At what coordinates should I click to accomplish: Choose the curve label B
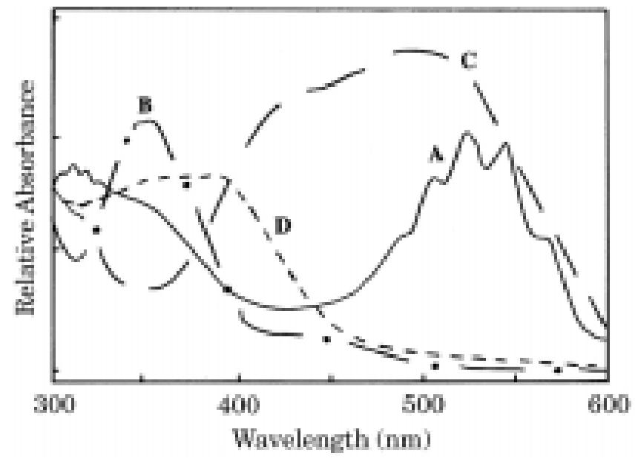pyautogui.click(x=145, y=105)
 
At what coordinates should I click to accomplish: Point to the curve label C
pyautogui.click(x=468, y=62)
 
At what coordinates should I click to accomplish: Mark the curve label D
pyautogui.click(x=282, y=226)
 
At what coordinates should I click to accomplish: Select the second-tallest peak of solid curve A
pyautogui.click(x=507, y=143)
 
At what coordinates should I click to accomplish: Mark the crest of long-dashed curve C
pyautogui.click(x=415, y=51)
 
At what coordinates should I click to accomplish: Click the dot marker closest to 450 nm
pyautogui.click(x=326, y=339)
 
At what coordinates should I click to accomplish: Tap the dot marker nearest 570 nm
pyautogui.click(x=557, y=368)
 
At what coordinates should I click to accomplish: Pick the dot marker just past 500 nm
pyautogui.click(x=435, y=365)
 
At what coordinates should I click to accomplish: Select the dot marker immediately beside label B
pyautogui.click(x=127, y=140)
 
